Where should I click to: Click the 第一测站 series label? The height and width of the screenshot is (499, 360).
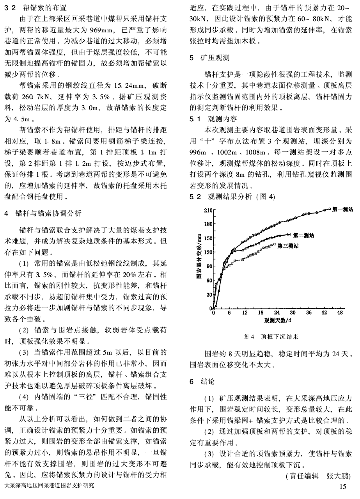tap(342, 210)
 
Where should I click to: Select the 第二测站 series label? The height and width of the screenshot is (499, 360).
tap(304, 235)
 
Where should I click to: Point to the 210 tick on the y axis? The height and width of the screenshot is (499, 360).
tap(207, 211)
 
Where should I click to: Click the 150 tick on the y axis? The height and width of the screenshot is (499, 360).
tap(207, 238)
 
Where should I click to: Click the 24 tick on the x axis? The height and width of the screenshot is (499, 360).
tap(277, 313)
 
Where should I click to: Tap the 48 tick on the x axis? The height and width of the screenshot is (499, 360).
tap(340, 313)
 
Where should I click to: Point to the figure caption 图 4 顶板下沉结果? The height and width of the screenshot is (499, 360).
tap(271, 336)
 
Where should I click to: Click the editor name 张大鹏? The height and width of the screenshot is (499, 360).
tap(339, 476)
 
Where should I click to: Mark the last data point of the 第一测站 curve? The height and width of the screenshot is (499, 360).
tap(330, 209)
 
